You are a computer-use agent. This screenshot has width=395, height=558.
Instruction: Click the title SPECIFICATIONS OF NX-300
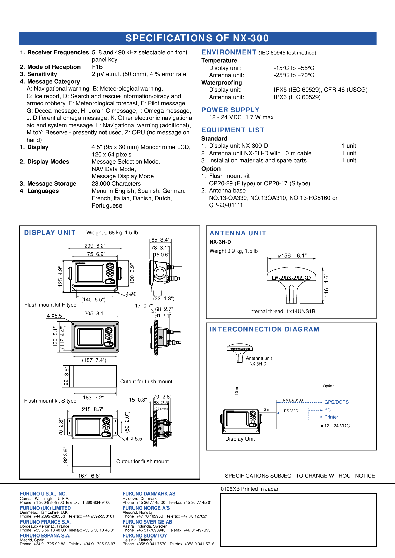pos(197,38)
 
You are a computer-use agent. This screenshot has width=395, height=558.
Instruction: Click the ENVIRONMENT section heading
pos(229,52)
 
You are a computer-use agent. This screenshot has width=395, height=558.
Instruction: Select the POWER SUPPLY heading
pos(230,110)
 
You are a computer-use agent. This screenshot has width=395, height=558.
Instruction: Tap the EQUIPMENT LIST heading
pos(232,130)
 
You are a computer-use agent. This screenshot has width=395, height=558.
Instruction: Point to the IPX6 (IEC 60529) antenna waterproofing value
pos(297,97)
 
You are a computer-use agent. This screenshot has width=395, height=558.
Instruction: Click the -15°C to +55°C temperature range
pos(294,68)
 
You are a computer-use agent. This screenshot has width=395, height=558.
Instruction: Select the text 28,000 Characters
pos(116,184)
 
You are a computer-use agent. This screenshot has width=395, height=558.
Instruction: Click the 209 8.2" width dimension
pos(95,246)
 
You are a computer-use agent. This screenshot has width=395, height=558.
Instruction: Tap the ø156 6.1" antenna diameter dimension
pos(292,256)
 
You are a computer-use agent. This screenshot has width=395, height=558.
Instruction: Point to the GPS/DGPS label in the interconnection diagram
pos(336,402)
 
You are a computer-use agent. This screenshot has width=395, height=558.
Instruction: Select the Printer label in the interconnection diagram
pos(331,417)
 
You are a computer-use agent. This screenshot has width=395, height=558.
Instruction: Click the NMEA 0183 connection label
pos(293,400)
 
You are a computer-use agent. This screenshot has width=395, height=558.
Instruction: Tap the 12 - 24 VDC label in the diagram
pos(337,426)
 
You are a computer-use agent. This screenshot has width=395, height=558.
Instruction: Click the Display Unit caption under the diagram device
pos(240,439)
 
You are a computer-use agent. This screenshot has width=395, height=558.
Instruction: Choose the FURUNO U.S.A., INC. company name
pos(43,494)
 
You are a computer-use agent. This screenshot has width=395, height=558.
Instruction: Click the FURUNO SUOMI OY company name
pos(144,536)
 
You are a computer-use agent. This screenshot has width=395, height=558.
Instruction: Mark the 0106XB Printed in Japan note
pos(250,489)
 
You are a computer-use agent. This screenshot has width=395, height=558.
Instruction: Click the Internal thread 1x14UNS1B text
pos(282,311)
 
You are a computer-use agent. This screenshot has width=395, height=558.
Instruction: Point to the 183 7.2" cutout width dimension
pos(93,398)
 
